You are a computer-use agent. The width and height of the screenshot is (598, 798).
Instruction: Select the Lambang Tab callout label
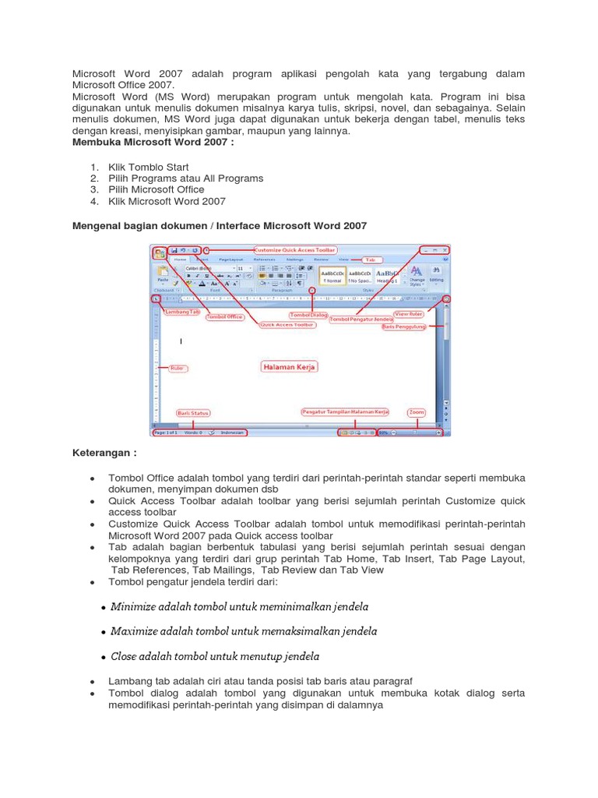(183, 312)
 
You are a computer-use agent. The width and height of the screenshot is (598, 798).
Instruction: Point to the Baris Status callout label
(193, 413)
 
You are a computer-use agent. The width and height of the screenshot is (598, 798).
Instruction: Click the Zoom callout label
(417, 412)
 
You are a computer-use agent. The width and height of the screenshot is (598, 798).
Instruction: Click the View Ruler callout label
(408, 314)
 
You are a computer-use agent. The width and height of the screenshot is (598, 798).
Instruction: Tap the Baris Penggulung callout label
(404, 327)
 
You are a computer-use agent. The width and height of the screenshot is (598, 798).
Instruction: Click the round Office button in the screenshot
(159, 252)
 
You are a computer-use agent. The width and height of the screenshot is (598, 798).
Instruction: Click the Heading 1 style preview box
(388, 276)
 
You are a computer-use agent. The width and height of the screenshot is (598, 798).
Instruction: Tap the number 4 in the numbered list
(93, 201)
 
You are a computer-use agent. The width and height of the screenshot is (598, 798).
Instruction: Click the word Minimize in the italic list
(135, 606)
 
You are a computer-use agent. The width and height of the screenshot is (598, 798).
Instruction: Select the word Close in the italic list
(125, 656)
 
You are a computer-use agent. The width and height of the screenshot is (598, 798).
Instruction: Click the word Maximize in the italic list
(136, 631)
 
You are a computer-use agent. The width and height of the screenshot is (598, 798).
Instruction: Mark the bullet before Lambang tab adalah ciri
(93, 681)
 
